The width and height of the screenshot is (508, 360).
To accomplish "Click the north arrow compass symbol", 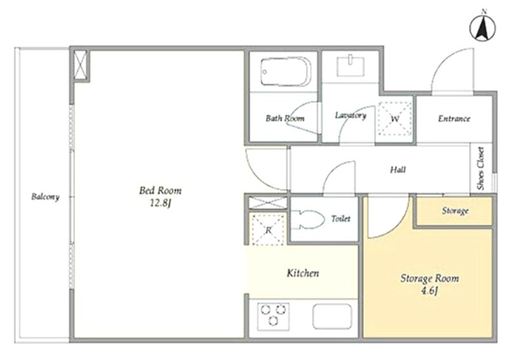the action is [483, 27].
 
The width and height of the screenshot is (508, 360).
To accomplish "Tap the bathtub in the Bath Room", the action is [285, 72].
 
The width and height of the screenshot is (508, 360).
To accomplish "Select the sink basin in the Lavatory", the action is [351, 66].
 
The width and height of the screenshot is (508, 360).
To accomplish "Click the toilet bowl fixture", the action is [308, 220].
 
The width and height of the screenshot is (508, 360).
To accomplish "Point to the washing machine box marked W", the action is [395, 118].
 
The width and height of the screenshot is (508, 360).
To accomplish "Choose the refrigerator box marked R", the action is [268, 230].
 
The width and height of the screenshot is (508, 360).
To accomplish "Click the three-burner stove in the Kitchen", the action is [273, 316].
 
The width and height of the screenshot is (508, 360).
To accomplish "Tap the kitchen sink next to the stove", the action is [332, 316].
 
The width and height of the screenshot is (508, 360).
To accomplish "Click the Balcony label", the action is [45, 197].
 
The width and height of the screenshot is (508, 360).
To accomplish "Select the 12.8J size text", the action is [160, 203].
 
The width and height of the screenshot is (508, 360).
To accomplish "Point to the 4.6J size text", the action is [429, 291].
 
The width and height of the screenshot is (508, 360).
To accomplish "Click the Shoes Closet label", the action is [481, 168].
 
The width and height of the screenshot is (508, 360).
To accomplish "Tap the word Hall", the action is [398, 170].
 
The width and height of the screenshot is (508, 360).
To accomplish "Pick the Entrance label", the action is [454, 119].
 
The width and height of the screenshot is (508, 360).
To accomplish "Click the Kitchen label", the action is [303, 273].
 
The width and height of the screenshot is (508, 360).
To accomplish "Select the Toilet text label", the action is [341, 218].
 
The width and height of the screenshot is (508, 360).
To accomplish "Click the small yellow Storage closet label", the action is [455, 211].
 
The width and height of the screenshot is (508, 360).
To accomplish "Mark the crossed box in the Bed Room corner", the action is [80, 65].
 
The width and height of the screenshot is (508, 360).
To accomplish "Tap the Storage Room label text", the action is [430, 278].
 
